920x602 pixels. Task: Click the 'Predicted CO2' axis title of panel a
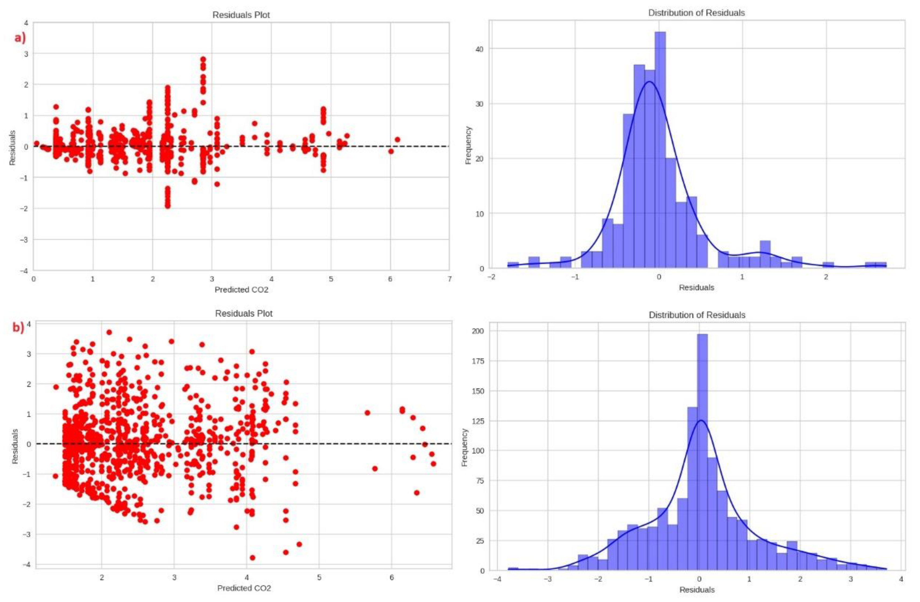241,290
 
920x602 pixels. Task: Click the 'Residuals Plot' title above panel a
241,15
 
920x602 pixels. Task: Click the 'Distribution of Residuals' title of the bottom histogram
697,315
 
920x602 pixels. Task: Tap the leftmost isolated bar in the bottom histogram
513,569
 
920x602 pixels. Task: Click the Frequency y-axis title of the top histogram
468,145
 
